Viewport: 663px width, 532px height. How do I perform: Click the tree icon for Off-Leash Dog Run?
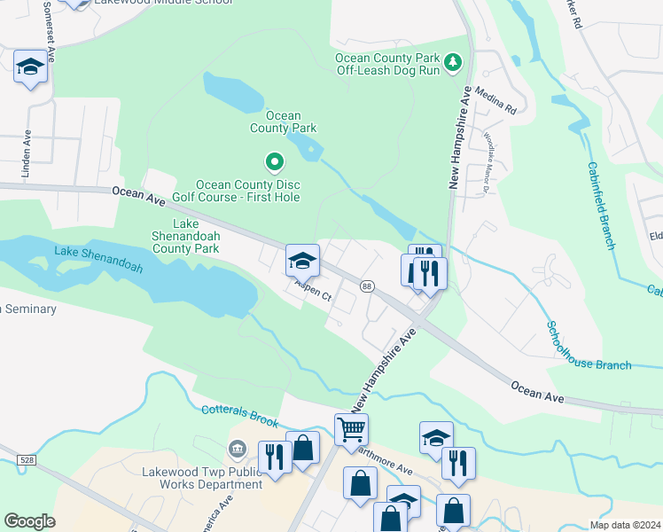pyautogui.click(x=454, y=61)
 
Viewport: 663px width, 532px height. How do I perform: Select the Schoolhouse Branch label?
pyautogui.click(x=589, y=346)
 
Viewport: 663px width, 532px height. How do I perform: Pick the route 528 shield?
pyautogui.click(x=25, y=458)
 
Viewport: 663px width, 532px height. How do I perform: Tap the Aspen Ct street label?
pyautogui.click(x=313, y=293)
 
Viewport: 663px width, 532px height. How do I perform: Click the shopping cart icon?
pyautogui.click(x=351, y=429)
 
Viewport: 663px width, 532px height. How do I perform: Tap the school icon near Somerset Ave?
pyautogui.click(x=31, y=66)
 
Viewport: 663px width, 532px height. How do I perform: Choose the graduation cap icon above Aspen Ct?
pyautogui.click(x=302, y=261)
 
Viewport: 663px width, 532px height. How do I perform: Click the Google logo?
pyautogui.click(x=30, y=521)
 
